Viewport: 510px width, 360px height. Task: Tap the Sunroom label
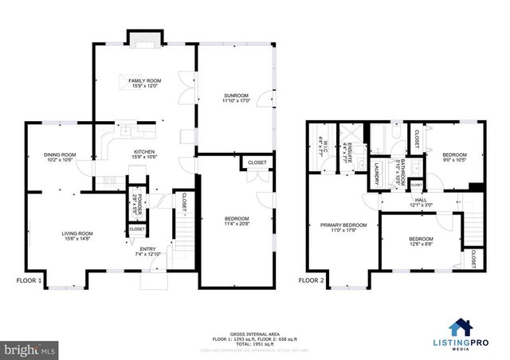click(x=236, y=96)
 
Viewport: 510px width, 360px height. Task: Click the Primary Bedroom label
click(x=343, y=225)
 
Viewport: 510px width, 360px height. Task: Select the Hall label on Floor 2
click(x=420, y=201)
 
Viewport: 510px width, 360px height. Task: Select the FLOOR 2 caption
click(x=312, y=280)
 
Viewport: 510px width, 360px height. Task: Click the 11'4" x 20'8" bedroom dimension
click(x=237, y=225)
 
